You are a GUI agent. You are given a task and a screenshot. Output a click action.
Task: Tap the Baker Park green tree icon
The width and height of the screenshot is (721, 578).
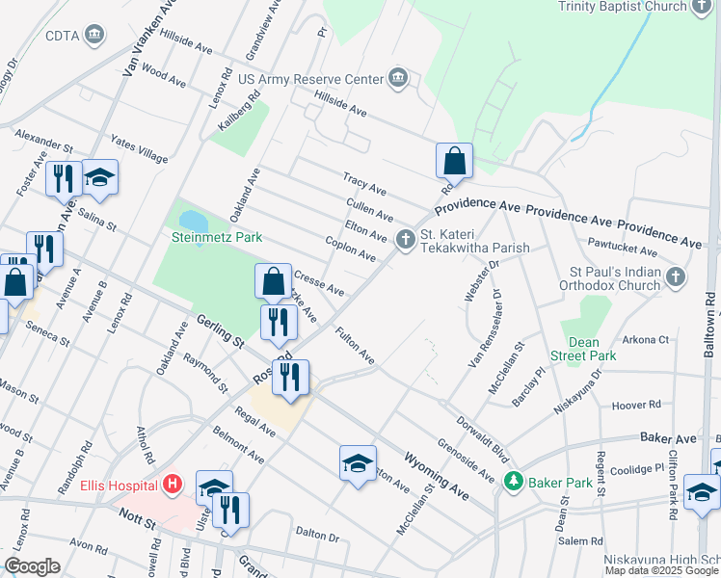[514, 480]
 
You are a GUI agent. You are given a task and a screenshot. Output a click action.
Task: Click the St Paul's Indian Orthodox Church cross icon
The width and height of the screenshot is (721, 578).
[677, 277]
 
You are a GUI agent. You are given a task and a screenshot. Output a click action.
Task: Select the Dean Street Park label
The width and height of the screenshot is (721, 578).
[583, 349]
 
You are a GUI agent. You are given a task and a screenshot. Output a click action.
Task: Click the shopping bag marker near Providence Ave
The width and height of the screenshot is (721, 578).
[454, 161]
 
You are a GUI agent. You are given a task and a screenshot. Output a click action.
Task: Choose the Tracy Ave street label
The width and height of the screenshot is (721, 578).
[365, 182]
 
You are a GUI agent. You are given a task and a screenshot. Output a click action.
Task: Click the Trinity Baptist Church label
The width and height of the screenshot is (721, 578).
[620, 6]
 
